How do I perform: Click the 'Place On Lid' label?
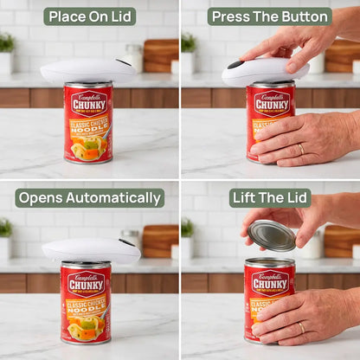pyautogui.click(x=89, y=16)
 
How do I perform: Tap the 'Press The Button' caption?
pyautogui.click(x=269, y=16)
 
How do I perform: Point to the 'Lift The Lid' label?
pyautogui.click(x=269, y=198)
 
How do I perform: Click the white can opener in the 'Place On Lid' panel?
pyautogui.click(x=87, y=70)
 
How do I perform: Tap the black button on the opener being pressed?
pyautogui.click(x=235, y=65)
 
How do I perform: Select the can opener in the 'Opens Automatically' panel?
pyautogui.click(x=90, y=251)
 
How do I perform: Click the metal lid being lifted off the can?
pyautogui.click(x=272, y=235)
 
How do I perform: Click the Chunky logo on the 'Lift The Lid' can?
pyautogui.click(x=269, y=283)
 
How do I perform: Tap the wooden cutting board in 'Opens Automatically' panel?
pyautogui.click(x=159, y=241)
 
